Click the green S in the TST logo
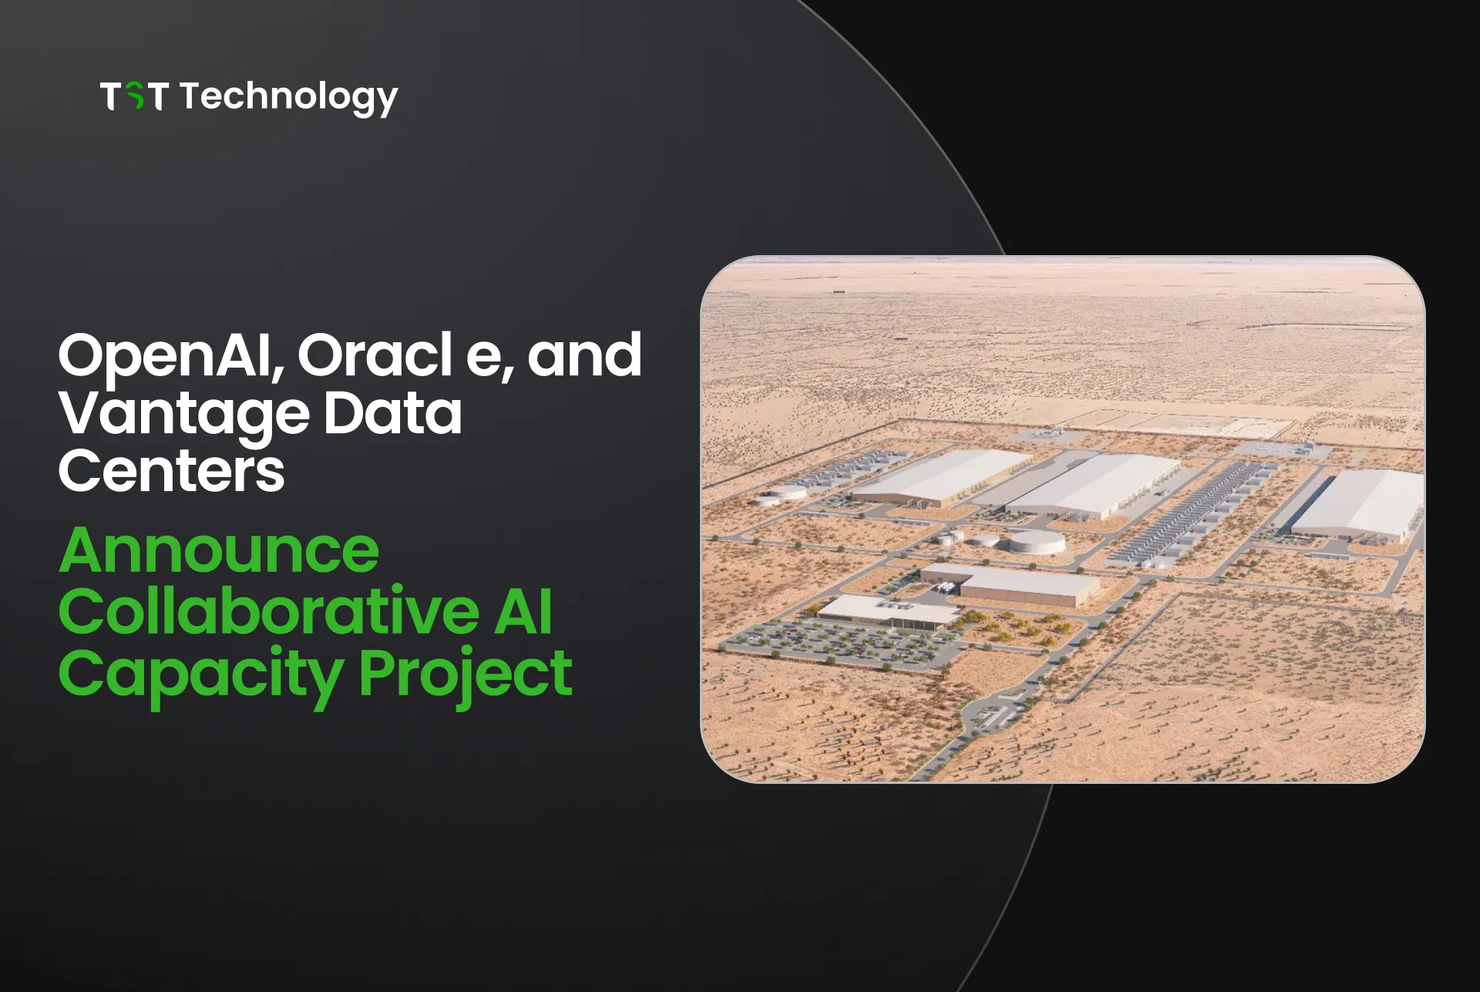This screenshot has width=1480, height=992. [135, 96]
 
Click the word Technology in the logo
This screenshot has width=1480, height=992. [289, 98]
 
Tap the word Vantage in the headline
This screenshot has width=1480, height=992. [183, 415]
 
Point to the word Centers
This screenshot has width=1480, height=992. [171, 472]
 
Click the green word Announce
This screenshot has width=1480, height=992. [219, 550]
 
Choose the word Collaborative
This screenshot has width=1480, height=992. [269, 611]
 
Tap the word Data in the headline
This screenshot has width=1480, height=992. [392, 413]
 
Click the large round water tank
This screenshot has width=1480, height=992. [1037, 542]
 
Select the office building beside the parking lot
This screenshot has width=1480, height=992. [886, 611]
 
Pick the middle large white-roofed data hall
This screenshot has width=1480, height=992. [1095, 486]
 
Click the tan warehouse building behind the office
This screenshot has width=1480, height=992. [1010, 584]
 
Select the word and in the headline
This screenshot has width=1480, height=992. [584, 356]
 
